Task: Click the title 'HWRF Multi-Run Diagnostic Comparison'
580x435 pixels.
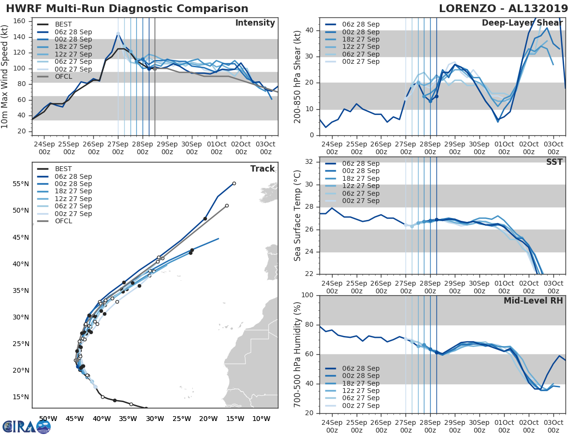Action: [x=127, y=9]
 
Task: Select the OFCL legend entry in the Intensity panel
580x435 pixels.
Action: [x=63, y=76]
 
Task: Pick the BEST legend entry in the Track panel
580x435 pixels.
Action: [x=63, y=169]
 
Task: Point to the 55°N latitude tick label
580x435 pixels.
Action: [x=20, y=184]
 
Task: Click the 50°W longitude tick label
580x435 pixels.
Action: [x=47, y=418]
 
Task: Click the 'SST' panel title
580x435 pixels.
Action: [x=554, y=162]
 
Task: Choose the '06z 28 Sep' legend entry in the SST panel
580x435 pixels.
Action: [x=361, y=163]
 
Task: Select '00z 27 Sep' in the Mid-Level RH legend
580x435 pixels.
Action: [x=361, y=406]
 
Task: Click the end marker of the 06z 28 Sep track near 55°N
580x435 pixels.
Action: [x=234, y=183]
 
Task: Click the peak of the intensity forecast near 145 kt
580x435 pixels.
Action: [x=118, y=33]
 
